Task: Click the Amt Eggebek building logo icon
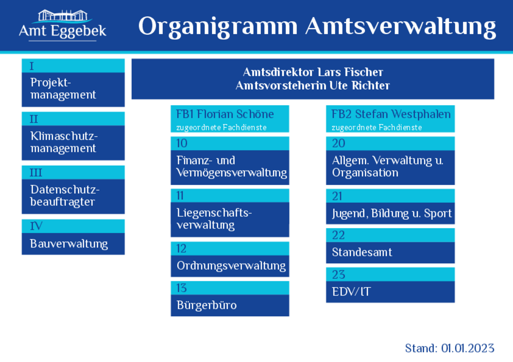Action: pyautogui.click(x=62, y=16)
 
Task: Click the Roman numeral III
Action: pyautogui.click(x=36, y=172)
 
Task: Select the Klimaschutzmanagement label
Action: pyautogui.click(x=64, y=142)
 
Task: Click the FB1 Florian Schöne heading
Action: pyautogui.click(x=225, y=114)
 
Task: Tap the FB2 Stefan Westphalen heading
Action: pyautogui.click(x=391, y=114)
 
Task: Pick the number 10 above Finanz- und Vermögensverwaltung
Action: pyautogui.click(x=182, y=143)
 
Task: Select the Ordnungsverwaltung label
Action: pyautogui.click(x=231, y=265)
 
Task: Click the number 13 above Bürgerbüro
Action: pyautogui.click(x=181, y=288)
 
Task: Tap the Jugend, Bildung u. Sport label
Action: pyautogui.click(x=391, y=213)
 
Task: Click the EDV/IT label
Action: pyautogui.click(x=351, y=292)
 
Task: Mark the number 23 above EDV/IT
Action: pyautogui.click(x=338, y=274)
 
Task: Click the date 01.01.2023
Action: pyautogui.click(x=468, y=348)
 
